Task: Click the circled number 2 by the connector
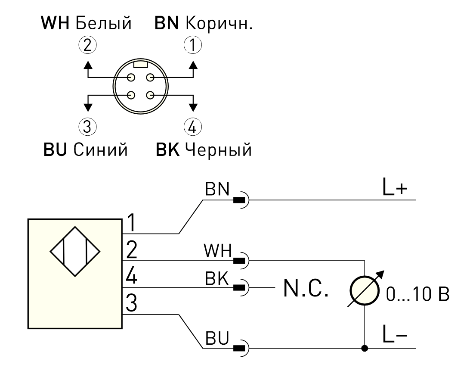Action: click(87, 45)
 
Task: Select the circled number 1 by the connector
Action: click(193, 45)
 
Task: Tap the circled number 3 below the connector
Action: click(87, 126)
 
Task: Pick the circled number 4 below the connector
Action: click(193, 126)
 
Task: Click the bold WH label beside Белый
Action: click(55, 23)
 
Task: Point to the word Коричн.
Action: click(219, 23)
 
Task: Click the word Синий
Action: click(101, 150)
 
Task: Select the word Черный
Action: click(218, 150)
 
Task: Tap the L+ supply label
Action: click(395, 187)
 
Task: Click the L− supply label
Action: click(395, 334)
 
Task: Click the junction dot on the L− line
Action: click(365, 348)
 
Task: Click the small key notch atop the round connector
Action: click(141, 64)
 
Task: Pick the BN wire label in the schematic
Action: click(217, 189)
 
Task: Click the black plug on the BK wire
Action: click(240, 287)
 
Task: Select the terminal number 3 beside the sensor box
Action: click(132, 302)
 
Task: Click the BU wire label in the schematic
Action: click(217, 338)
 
